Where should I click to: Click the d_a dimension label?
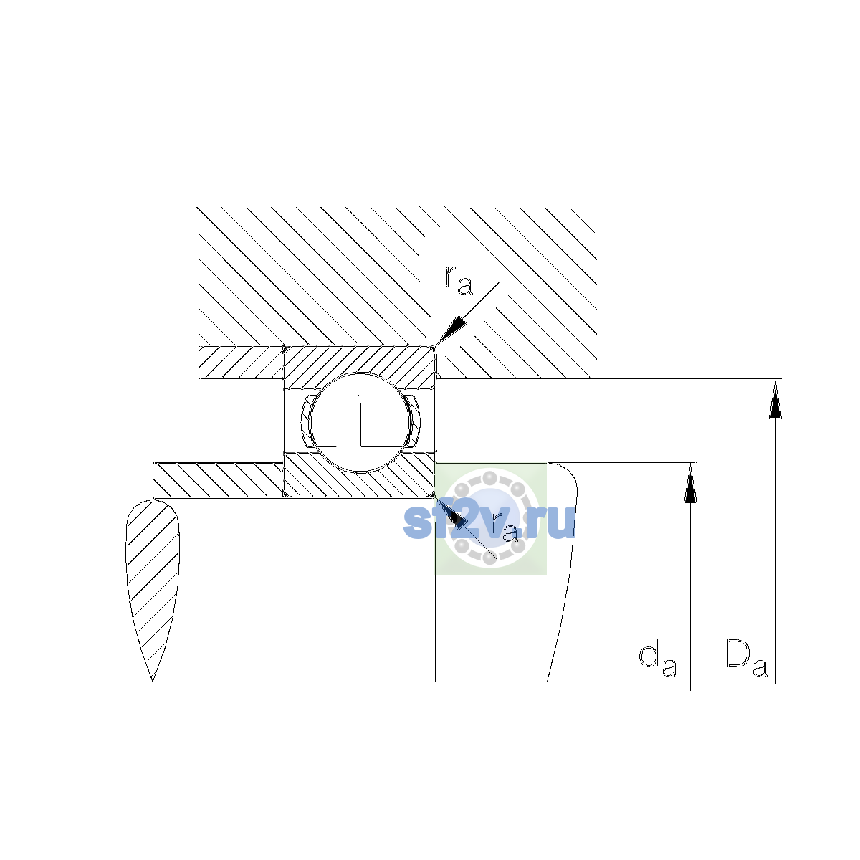(657, 659)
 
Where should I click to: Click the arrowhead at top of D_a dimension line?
(775, 399)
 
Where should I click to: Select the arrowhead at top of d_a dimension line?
(690, 482)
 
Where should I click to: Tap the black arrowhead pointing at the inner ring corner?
(451, 512)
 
